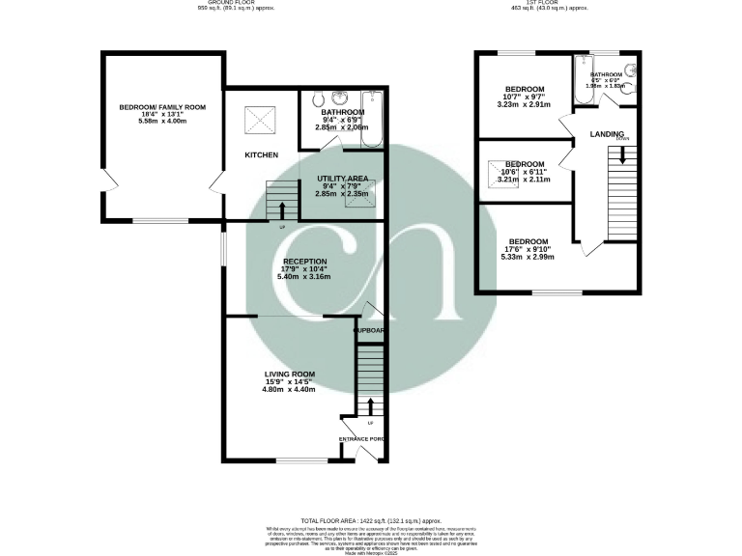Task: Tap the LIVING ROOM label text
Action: (x=291, y=375)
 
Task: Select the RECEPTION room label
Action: (x=304, y=261)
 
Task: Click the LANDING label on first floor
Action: (x=607, y=134)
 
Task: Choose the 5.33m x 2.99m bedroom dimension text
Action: (x=528, y=258)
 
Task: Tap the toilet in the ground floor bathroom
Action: (x=318, y=99)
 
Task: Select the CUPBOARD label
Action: (x=368, y=330)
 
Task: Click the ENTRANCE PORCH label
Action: (x=360, y=439)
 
